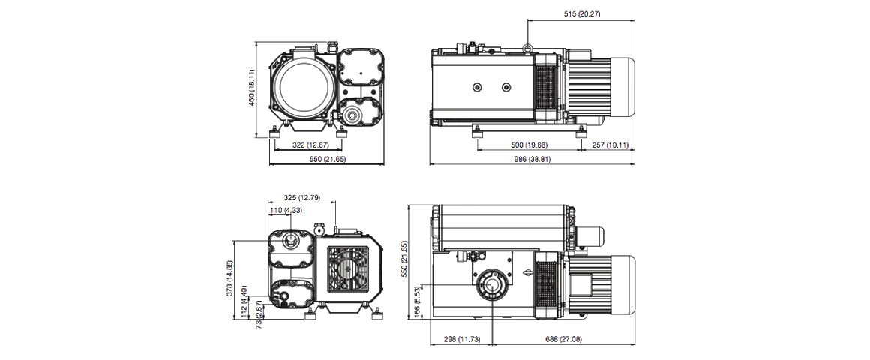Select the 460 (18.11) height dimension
point(253,88)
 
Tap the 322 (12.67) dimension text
point(307,145)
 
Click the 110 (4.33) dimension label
point(289,211)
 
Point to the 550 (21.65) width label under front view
point(327,160)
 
